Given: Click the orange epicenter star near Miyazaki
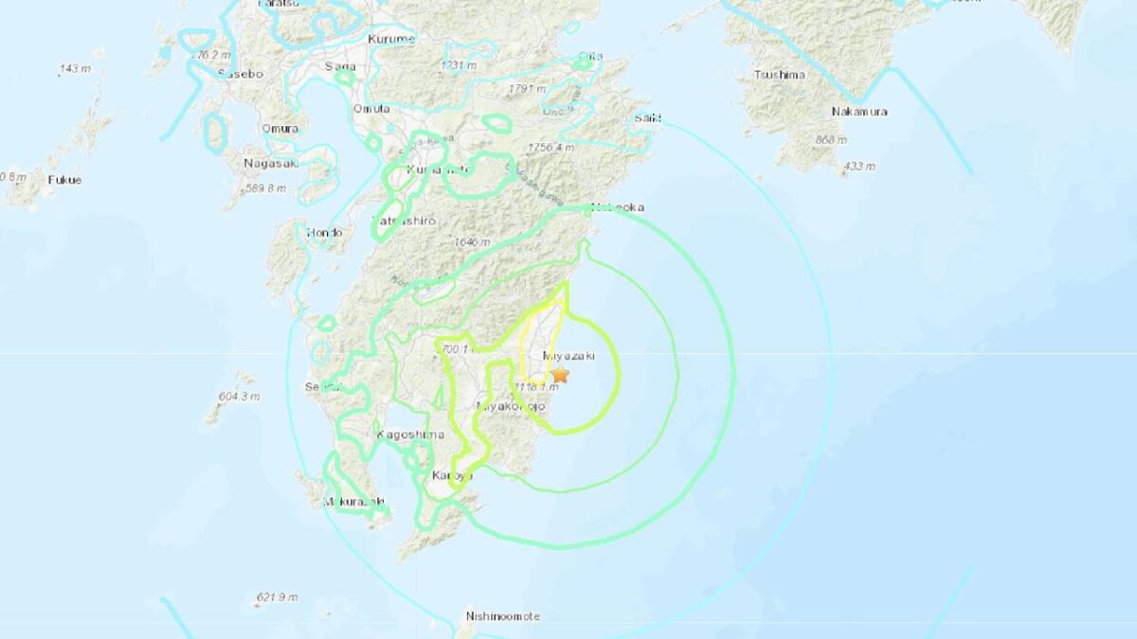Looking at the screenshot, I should [560, 375].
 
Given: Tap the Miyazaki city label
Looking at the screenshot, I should [568, 357].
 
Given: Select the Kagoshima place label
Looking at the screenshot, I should [409, 435].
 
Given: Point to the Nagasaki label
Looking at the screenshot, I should [271, 163].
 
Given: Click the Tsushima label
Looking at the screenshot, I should [780, 75].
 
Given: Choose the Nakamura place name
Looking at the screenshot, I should [859, 112].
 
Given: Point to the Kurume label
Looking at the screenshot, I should [390, 39].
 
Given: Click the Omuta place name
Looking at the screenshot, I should [371, 109].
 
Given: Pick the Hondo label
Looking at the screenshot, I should [324, 232].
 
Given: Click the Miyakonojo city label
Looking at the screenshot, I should [511, 406].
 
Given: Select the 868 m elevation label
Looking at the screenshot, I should [830, 141].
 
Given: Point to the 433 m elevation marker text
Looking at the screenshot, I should [858, 168].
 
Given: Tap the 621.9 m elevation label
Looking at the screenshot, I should [277, 597].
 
